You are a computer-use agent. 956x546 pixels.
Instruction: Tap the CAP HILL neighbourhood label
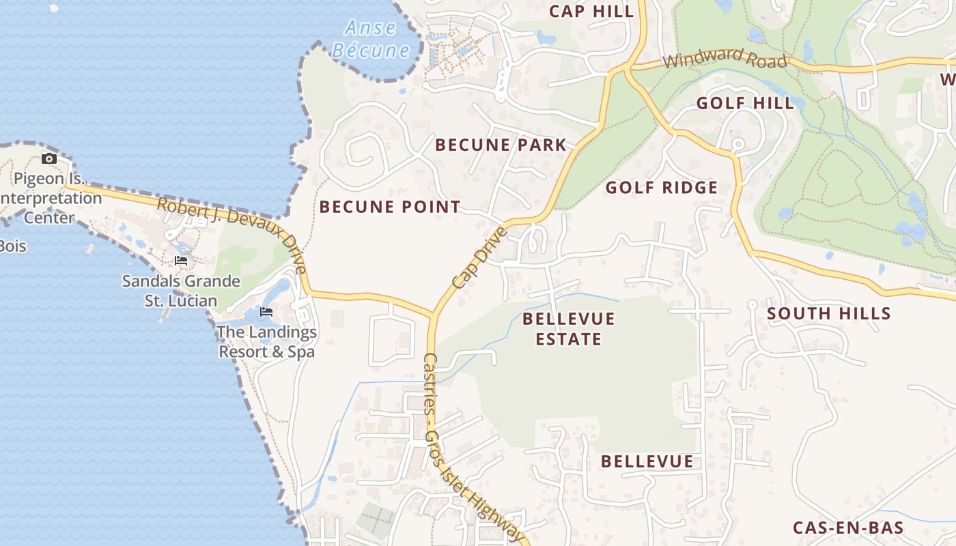tap(591, 11)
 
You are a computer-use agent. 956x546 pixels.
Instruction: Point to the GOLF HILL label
tap(745, 104)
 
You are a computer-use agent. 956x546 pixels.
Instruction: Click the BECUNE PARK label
tap(501, 145)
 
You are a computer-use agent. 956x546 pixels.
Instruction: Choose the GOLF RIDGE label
tap(661, 188)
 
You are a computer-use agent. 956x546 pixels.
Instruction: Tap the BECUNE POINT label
tap(390, 207)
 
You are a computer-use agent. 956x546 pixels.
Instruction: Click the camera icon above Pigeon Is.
tap(49, 159)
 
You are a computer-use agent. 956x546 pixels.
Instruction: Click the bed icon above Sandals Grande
tap(181, 261)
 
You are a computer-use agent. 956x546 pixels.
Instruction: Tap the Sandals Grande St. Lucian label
tap(181, 291)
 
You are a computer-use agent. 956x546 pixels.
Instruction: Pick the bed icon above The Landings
tap(266, 312)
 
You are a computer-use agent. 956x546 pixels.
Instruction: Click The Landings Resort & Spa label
tap(266, 342)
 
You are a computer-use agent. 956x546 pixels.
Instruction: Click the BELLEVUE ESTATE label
tap(568, 329)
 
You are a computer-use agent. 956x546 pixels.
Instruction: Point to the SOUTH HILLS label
tap(828, 314)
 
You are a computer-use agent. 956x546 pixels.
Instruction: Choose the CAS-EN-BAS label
tap(848, 528)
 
